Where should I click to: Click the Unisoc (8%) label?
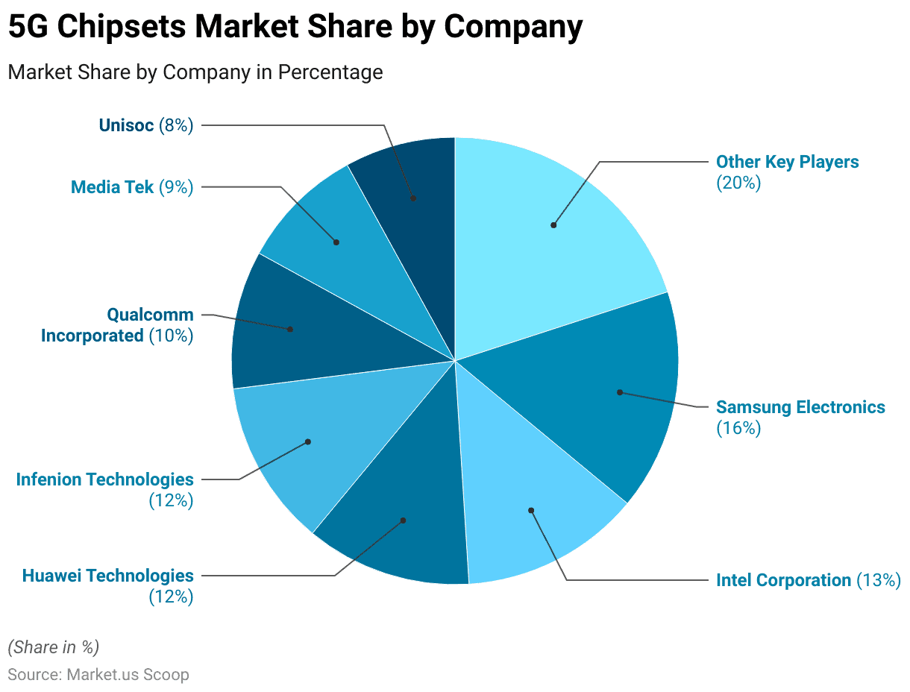click(146, 125)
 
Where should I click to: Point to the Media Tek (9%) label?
click(132, 187)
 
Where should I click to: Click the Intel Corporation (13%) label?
click(809, 580)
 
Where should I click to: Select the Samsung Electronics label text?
click(800, 407)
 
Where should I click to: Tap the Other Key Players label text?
click(787, 162)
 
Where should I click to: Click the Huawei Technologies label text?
click(108, 576)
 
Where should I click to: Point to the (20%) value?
click(738, 183)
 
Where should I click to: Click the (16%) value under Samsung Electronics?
click(738, 428)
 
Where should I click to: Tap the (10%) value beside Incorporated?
click(171, 336)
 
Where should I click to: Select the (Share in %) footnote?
click(54, 647)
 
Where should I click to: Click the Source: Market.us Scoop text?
click(98, 675)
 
